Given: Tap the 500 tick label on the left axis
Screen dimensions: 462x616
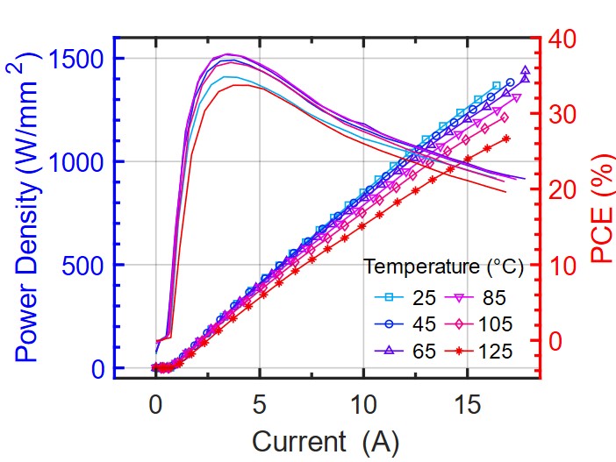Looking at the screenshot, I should click(x=88, y=265).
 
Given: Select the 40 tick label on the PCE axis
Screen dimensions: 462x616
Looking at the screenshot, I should click(x=562, y=39).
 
